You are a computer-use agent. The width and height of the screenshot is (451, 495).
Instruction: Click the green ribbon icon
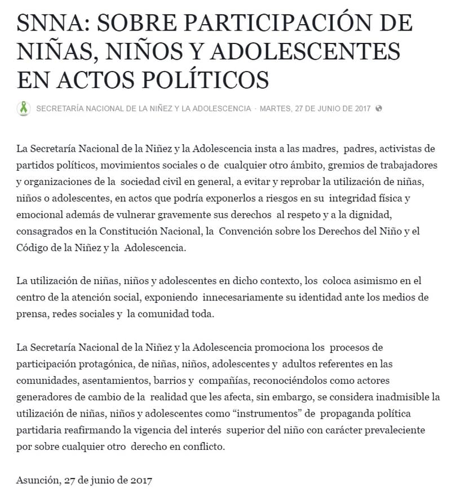[24, 108]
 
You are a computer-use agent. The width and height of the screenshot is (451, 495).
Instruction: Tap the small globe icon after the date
[379, 108]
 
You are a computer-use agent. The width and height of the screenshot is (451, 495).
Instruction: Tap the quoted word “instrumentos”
[265, 413]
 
